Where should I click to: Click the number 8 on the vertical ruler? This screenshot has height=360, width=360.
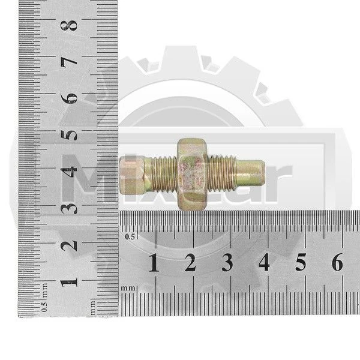click(69, 25)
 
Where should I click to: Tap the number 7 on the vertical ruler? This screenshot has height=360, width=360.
click(69, 61)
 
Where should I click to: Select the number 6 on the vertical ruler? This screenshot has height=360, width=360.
click(69, 98)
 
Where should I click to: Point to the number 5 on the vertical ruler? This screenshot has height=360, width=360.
click(69, 136)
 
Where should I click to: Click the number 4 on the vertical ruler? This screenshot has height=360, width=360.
click(69, 172)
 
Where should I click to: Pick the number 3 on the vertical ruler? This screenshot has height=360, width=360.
click(69, 208)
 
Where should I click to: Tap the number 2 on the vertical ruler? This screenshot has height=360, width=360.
click(69, 245)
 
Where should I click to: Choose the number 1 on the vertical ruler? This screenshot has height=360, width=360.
click(69, 282)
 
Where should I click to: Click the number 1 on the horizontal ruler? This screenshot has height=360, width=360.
click(154, 262)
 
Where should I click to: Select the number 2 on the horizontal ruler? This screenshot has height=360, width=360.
click(190, 262)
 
